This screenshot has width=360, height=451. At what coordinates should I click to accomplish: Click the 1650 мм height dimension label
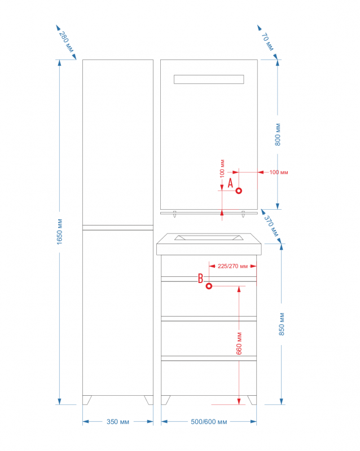coord(60,232)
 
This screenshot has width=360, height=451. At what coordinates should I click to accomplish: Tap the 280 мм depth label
coord(67,42)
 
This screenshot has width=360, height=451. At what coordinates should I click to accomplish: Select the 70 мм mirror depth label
coord(267,42)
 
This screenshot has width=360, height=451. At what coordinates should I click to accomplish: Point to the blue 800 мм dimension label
coord(278,134)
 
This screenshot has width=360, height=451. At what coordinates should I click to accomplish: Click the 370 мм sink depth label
coord(271,226)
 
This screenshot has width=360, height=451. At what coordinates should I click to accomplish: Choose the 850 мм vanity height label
coord(282,324)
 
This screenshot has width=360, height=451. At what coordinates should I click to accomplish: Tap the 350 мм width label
coord(118,422)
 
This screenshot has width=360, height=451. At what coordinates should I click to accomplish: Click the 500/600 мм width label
coord(209,422)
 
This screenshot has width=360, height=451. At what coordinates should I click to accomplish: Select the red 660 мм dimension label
coord(239,343)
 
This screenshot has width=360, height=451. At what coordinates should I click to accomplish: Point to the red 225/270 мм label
coord(232,266)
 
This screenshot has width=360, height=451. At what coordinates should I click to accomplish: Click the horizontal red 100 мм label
coord(279,173)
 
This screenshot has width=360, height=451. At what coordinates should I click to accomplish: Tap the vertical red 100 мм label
coord(222,169)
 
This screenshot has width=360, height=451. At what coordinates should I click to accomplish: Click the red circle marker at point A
coord(239,191)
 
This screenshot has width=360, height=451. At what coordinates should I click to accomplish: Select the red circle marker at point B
coord(209,286)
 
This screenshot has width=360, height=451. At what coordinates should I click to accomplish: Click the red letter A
coord(230,183)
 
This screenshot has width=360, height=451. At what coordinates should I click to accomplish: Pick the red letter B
coord(200,278)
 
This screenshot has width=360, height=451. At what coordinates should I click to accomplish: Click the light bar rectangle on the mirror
coord(209,79)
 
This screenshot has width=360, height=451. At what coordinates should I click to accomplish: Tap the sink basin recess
coord(209,237)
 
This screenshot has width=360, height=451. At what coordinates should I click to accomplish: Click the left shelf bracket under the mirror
coord(174,214)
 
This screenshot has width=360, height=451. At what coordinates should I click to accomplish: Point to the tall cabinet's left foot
coord(87,400)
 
